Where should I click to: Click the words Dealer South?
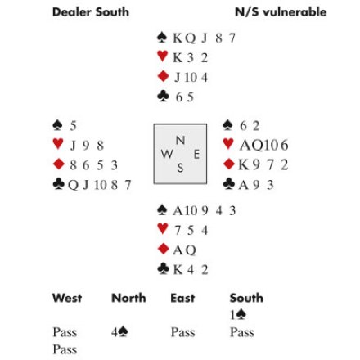[91, 12]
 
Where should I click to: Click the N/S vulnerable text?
[281, 12]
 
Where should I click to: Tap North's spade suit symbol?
[162, 38]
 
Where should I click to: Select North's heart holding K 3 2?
[191, 58]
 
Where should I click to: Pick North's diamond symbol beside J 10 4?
[163, 76]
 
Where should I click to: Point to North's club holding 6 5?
[185, 97]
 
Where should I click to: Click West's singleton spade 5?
[73, 126]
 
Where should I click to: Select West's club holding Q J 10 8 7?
[100, 185]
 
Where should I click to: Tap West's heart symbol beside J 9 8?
[58, 144]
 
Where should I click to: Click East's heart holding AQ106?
[263, 145]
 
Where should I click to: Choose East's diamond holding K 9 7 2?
[263, 164]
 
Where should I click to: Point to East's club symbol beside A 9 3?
[229, 183]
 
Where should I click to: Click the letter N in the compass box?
[180, 141]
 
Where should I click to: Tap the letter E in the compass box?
[196, 155]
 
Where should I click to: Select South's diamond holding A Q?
[184, 250]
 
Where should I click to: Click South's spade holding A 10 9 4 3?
[205, 211]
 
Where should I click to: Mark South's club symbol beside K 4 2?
[163, 268]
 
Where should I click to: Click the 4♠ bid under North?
[119, 332]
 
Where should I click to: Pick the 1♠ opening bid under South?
[238, 315]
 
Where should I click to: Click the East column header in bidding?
[182, 298]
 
